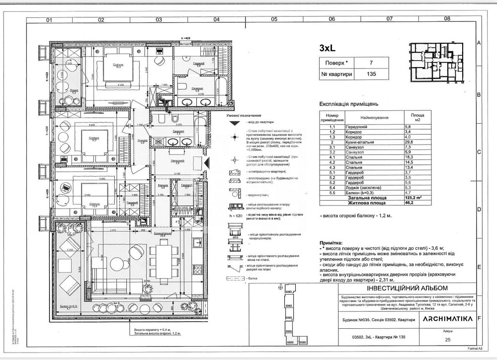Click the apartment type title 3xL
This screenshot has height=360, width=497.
329,49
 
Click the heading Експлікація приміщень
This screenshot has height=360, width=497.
345,104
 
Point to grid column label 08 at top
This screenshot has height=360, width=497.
447,19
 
